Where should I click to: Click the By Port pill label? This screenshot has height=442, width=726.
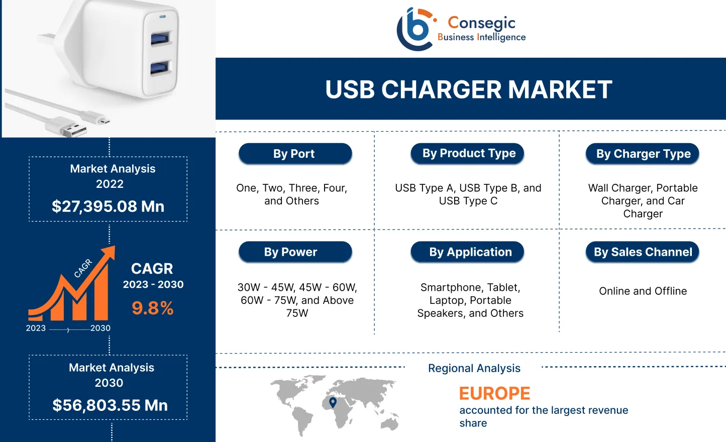pos(294,154)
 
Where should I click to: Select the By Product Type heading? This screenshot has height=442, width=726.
pos(469,153)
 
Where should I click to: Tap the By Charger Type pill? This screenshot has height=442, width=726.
pos(643,154)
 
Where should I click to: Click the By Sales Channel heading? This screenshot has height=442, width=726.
pos(643,252)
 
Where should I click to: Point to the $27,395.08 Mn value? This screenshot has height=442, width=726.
pos(108,206)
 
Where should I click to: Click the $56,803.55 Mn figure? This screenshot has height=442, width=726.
pos(110,405)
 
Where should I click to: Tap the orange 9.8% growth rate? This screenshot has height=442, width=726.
pos(153,308)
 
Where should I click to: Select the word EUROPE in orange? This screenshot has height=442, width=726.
pos(494,393)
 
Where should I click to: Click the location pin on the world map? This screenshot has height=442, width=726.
pos(333,402)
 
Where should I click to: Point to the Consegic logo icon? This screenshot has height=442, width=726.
pos(416,29)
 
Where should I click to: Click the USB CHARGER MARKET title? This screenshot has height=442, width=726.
pos(468,90)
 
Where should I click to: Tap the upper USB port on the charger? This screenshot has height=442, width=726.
pos(161,38)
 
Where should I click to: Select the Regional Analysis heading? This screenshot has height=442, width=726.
pos(474,368)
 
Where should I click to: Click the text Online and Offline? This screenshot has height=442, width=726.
pos(643,291)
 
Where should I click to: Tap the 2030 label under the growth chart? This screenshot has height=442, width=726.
pos(100,328)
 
